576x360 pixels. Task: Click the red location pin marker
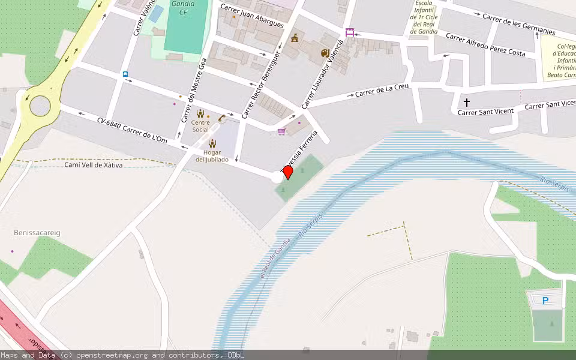(x=287, y=172)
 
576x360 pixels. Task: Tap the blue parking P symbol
(x=545, y=301)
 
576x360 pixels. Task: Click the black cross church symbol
(x=467, y=103)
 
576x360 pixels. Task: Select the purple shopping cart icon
(x=281, y=131)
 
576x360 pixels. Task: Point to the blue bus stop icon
(x=125, y=74)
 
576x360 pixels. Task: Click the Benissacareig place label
(x=37, y=232)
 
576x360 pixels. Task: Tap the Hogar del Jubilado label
(x=212, y=156)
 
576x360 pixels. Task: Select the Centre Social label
(x=200, y=126)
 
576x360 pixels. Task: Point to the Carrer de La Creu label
(x=382, y=91)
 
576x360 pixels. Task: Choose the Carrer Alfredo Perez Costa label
(x=485, y=45)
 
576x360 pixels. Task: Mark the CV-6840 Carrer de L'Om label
(x=132, y=130)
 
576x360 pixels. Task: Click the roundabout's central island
(x=40, y=106)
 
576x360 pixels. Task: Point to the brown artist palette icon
(x=325, y=53)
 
